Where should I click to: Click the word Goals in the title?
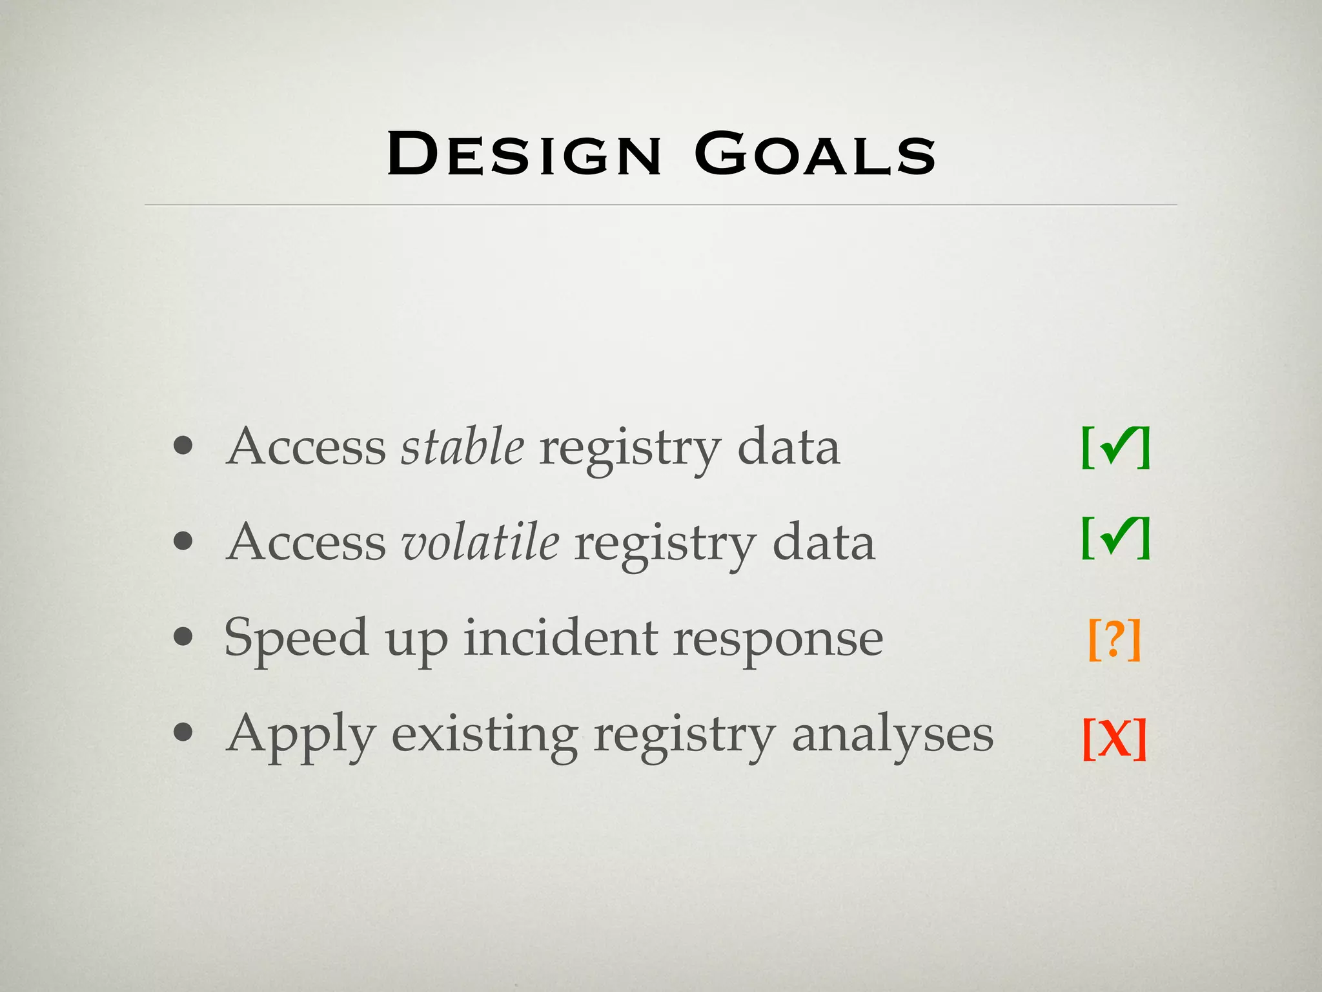[x=815, y=154]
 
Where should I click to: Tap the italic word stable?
[x=462, y=446]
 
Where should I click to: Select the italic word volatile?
[x=480, y=542]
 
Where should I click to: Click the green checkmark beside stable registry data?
[x=1116, y=447]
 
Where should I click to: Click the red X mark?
[x=1115, y=738]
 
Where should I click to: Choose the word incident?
[x=561, y=637]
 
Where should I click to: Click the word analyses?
[x=892, y=735]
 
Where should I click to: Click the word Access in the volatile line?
[x=307, y=542]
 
